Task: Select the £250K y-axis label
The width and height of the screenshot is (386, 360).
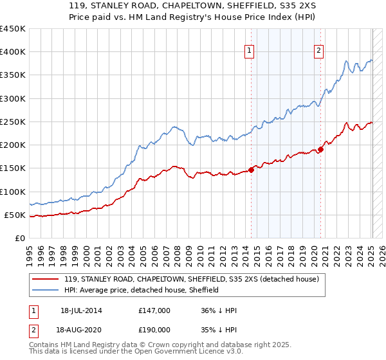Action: [x=13, y=122]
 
